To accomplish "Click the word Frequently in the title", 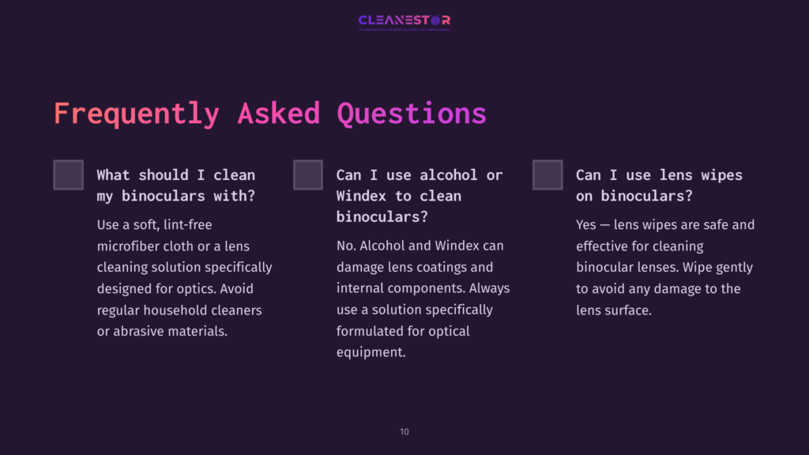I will (136, 113).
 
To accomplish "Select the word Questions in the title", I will (412, 113).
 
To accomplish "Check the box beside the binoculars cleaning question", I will (69, 175).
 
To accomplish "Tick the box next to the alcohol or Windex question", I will (308, 175).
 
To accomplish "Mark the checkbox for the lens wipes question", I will (547, 175).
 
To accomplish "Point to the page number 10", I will (404, 432).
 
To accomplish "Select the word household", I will (182, 310).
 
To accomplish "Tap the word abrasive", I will (140, 332).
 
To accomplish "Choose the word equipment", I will (371, 353).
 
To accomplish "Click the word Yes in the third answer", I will (586, 225).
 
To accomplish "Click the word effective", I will (606, 246).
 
